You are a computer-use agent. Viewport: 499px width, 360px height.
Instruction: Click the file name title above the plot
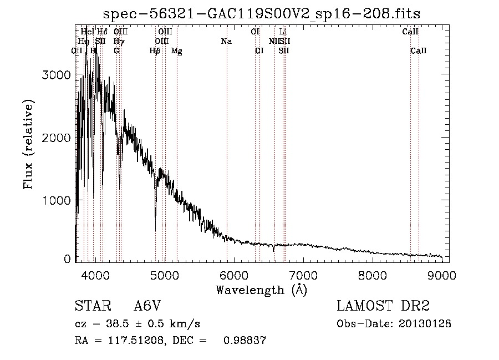click(261, 14)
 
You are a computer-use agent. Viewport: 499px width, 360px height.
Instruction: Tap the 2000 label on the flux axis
click(57, 138)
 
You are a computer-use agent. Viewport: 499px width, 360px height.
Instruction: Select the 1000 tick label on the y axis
click(57, 200)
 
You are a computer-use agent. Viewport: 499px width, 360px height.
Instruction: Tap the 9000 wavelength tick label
click(442, 275)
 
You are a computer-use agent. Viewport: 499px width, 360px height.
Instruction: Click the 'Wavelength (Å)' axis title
click(261, 290)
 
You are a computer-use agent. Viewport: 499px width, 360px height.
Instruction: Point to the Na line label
click(226, 42)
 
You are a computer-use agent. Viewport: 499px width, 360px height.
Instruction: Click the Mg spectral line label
click(176, 51)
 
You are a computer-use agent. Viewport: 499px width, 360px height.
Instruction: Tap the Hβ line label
click(155, 51)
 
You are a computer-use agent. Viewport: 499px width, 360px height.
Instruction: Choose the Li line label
click(283, 32)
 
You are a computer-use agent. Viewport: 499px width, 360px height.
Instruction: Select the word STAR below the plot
click(91, 306)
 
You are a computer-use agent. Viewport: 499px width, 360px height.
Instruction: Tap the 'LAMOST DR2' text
click(383, 306)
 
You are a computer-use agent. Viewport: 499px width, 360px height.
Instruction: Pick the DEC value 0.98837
click(243, 341)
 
